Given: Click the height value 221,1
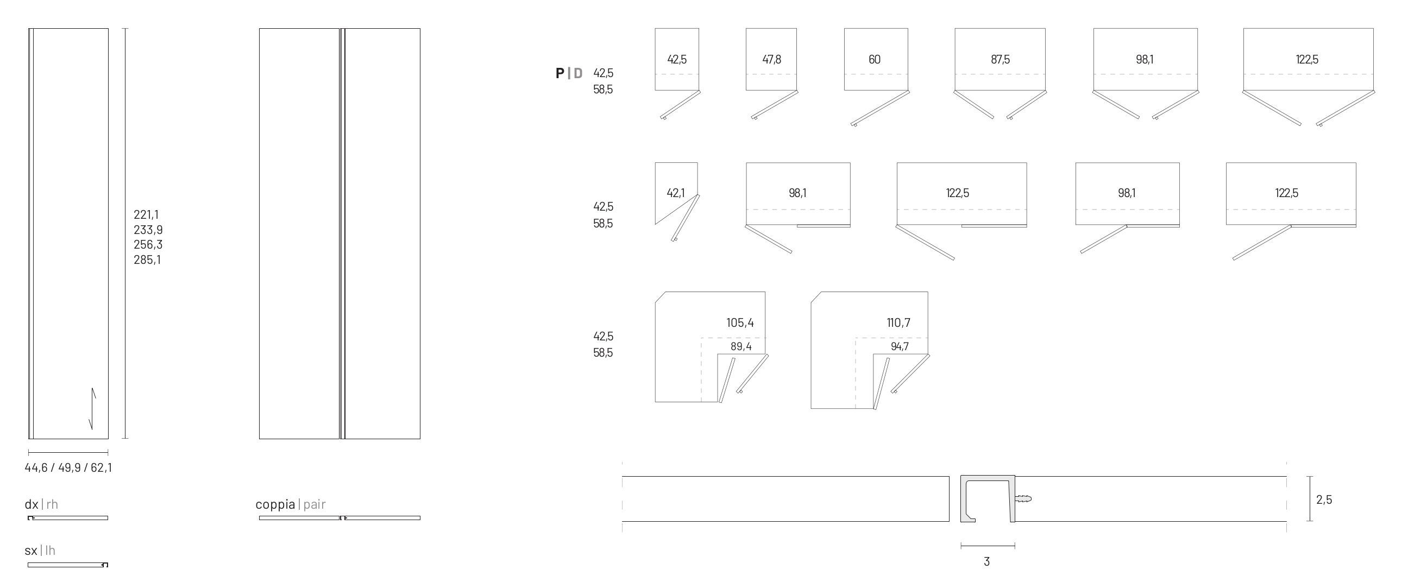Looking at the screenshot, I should (x=146, y=215).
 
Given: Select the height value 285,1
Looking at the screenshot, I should (x=147, y=260).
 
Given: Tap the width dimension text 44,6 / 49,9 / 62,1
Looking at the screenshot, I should (x=68, y=468).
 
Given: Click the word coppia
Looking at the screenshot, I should (x=275, y=504).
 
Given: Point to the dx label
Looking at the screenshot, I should (x=31, y=504).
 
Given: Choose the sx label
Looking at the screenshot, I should (x=30, y=551).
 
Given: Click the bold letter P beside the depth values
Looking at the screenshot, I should (x=560, y=73).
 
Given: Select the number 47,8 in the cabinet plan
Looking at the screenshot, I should (x=771, y=60).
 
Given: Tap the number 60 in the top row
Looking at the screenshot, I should (x=875, y=60).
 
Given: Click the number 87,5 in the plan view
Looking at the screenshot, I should (x=1000, y=60).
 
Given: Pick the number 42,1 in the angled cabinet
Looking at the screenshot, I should (x=675, y=193).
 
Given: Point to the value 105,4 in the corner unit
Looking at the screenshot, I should (x=739, y=323).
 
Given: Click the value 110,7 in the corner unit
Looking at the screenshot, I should (x=898, y=323).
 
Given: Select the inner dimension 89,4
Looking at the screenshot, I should (x=740, y=346).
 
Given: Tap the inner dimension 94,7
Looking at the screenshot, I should (x=899, y=346).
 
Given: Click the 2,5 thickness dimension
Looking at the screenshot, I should (x=1324, y=499).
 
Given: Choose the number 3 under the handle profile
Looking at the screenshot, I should (x=986, y=562).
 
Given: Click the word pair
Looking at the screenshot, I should (x=315, y=504).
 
